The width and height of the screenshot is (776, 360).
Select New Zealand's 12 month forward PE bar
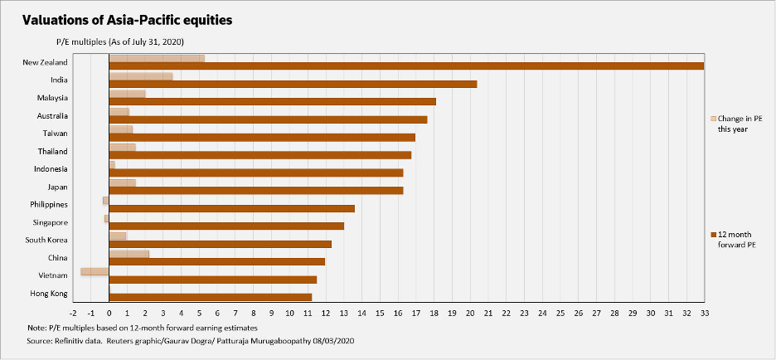click(x=406, y=66)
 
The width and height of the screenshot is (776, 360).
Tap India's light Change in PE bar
click(x=141, y=75)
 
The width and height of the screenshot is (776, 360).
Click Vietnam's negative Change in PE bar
click(x=95, y=271)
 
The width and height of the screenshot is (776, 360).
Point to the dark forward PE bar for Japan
click(x=256, y=191)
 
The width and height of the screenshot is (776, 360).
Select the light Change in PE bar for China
click(x=129, y=254)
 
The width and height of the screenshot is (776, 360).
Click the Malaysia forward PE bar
click(x=273, y=102)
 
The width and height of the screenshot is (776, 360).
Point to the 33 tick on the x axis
click(x=704, y=314)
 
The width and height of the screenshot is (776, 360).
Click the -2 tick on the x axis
click(x=73, y=314)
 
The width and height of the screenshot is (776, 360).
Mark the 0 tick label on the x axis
click(x=109, y=314)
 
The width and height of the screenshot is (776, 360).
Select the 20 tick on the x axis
click(x=470, y=314)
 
